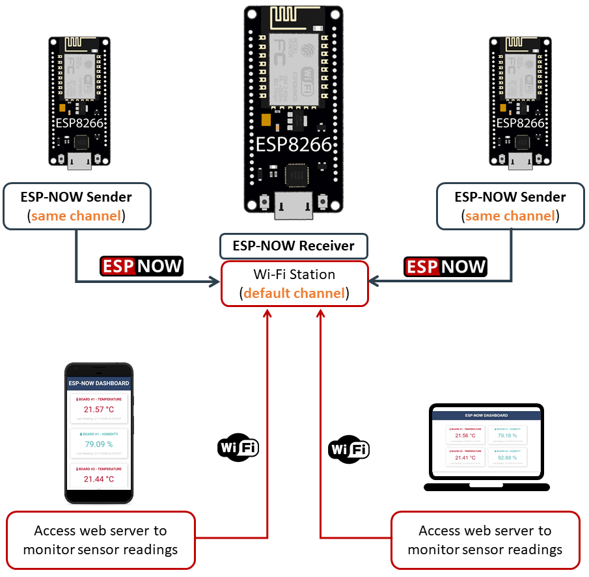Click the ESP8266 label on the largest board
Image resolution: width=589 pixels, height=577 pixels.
[294, 144]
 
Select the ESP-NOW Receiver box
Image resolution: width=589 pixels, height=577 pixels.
[294, 246]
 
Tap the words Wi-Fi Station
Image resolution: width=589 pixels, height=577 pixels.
[294, 274]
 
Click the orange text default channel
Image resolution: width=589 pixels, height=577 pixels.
[294, 293]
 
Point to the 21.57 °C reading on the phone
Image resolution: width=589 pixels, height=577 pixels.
[99, 409]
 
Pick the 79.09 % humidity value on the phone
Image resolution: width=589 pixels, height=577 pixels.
[99, 444]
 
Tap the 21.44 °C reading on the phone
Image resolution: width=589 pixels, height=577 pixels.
[99, 479]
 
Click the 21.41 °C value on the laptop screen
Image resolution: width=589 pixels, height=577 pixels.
[465, 457]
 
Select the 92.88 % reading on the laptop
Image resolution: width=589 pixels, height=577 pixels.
[507, 457]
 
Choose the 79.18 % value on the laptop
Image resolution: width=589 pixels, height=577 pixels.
[507, 436]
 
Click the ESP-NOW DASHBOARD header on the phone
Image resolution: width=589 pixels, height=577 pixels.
[99, 383]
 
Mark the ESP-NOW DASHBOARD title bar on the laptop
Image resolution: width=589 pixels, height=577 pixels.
[486, 415]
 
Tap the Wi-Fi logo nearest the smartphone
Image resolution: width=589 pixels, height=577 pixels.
[238, 448]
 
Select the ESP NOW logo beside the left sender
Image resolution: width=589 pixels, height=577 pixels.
[141, 266]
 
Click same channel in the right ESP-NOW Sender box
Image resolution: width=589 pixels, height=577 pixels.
[510, 215]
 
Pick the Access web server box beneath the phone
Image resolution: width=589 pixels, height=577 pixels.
[100, 540]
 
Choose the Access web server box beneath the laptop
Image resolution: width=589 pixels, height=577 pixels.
[485, 540]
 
